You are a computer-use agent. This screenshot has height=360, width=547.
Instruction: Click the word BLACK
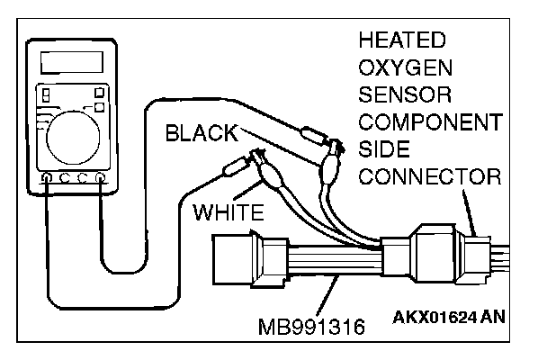[x=202, y=135]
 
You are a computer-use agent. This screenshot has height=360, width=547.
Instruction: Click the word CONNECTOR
[x=428, y=175]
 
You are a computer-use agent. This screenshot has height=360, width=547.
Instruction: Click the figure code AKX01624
[x=429, y=318]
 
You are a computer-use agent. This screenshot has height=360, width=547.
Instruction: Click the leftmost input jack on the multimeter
[x=46, y=178]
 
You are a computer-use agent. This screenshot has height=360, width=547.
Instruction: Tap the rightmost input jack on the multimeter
[x=100, y=178]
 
